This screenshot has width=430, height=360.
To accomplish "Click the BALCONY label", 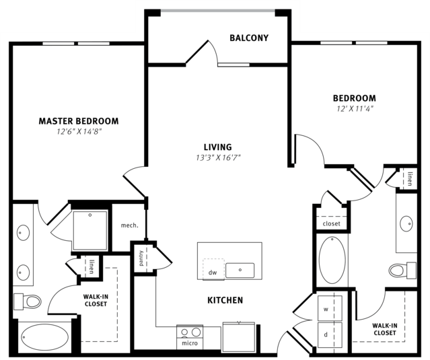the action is coord(249,38).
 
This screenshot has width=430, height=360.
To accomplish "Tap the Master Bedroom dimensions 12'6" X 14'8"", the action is coord(79,132).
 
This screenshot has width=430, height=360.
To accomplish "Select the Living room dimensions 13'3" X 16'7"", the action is coord(218,157).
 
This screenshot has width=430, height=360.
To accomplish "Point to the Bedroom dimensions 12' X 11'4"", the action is coord(355,109).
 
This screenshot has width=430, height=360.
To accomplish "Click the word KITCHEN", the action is coord(225,300).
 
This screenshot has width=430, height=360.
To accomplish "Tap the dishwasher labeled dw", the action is coord(213,269).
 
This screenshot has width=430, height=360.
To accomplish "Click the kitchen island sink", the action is coord(240,271).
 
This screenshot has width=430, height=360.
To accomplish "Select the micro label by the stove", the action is coord(190,343).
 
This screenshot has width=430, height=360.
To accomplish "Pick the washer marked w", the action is coord(330,308).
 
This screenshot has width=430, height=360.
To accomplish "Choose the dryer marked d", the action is coord(330,335).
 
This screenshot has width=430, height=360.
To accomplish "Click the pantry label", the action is coord(141,258).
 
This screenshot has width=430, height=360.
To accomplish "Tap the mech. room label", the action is coord(129,225).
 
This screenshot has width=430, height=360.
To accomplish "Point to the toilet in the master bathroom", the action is coord(28,301).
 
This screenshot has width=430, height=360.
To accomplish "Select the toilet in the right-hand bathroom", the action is coord(402,271).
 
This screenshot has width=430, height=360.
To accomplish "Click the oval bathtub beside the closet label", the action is coord(332,260).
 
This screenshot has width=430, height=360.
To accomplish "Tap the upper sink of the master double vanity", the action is coord(23,233).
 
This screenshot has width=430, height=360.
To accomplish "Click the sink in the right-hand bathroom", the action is coord(406,223).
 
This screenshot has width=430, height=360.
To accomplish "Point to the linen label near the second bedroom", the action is coord(410,179).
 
